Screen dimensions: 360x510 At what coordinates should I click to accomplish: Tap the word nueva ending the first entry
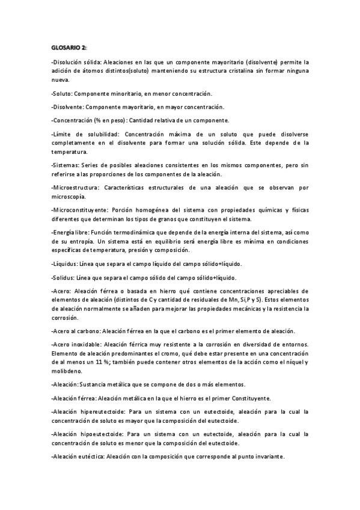pos(61,79)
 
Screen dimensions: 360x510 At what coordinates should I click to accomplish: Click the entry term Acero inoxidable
pos(78,344)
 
